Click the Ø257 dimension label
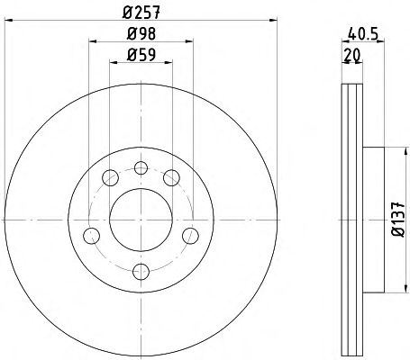[141, 13]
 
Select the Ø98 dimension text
[141, 33]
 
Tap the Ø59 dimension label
[141, 55]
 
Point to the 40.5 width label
[362, 33]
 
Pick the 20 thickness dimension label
[352, 55]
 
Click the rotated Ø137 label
[398, 220]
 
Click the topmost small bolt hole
[141, 167]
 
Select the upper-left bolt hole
[110, 177]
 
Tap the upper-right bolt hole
[171, 177]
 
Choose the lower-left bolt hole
[91, 236]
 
